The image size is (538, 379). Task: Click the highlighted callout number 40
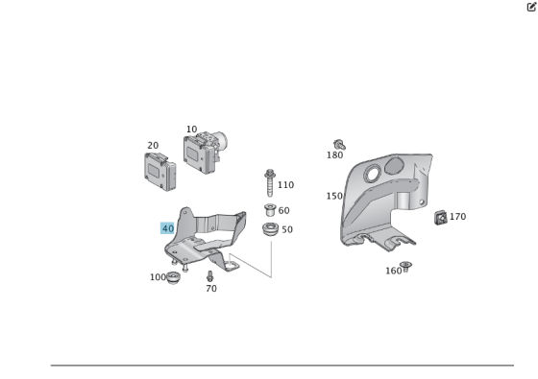(x=167, y=228)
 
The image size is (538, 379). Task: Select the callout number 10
(x=191, y=130)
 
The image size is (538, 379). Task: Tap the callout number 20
(x=153, y=146)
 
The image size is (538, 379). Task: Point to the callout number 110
(x=285, y=185)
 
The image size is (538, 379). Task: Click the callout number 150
(x=334, y=196)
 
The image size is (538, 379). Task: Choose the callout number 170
(x=457, y=217)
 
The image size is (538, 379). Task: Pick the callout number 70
(x=211, y=289)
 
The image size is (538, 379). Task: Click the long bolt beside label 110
(x=270, y=182)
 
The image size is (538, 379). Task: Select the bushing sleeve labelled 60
(x=270, y=210)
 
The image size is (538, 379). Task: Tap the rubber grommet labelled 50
(x=270, y=229)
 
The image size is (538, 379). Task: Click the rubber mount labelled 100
(x=173, y=277)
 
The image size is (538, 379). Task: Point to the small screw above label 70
(x=210, y=276)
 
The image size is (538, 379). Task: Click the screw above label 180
(x=339, y=145)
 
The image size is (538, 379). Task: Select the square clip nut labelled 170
(x=441, y=218)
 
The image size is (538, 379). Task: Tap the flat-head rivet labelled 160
(x=405, y=267)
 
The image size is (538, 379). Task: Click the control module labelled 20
(x=159, y=172)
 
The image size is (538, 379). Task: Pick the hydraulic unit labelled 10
(x=206, y=152)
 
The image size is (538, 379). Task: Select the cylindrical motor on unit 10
(x=222, y=140)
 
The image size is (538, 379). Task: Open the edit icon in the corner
(x=531, y=7)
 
